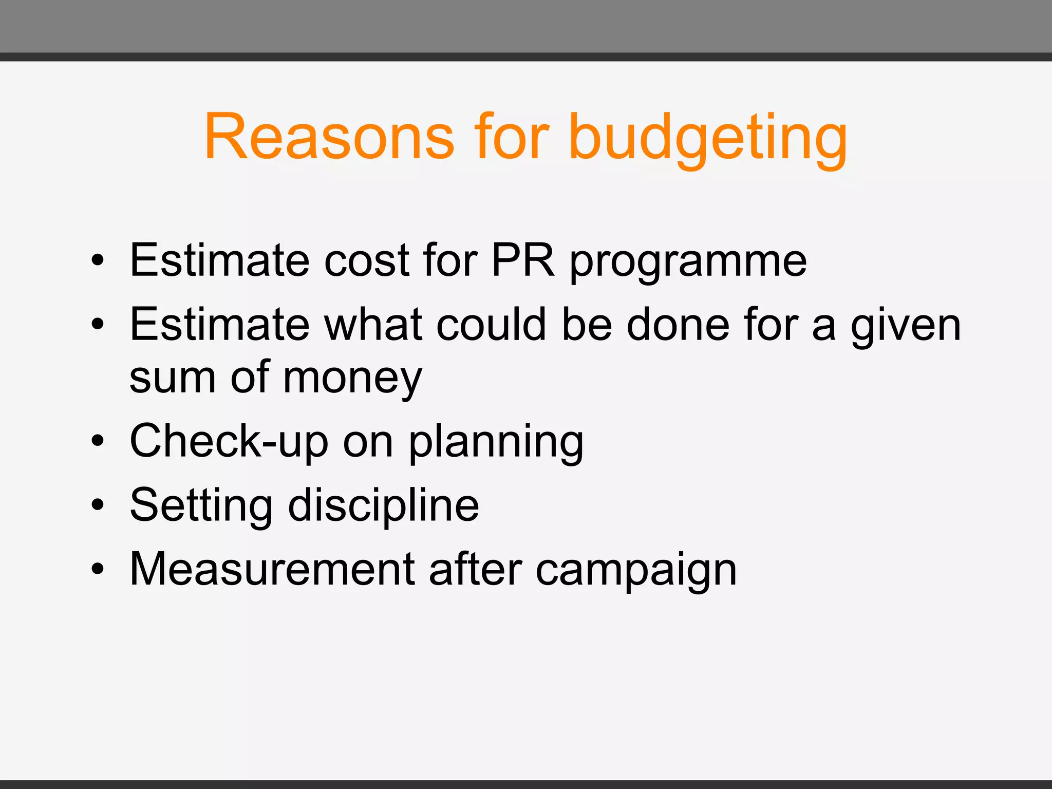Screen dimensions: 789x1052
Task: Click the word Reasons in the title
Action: click(329, 137)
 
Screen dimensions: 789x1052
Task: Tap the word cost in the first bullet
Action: click(367, 260)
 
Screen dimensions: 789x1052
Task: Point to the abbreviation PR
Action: click(523, 260)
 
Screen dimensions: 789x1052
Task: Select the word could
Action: click(491, 325)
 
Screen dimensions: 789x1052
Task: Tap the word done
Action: click(678, 325)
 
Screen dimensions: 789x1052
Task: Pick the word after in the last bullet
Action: click(476, 569)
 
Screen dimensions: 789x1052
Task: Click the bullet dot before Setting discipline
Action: click(98, 505)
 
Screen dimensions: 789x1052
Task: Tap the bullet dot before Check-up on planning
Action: click(98, 441)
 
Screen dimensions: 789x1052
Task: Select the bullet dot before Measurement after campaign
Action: click(98, 569)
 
